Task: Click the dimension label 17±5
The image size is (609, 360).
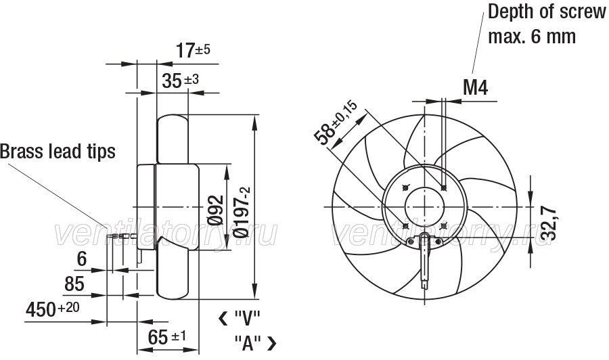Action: click(193, 50)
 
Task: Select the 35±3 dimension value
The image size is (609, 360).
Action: click(180, 81)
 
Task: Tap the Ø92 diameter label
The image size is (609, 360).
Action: click(216, 210)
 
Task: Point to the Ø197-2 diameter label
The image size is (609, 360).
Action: click(242, 212)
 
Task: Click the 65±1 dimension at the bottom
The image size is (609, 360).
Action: click(167, 337)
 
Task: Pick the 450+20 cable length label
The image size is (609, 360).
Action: click(52, 309)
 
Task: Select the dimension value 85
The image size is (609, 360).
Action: click(74, 284)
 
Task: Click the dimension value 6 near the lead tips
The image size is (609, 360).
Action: click(82, 259)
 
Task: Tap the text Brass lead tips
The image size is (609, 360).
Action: click(58, 151)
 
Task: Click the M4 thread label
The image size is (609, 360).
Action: click(475, 87)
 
